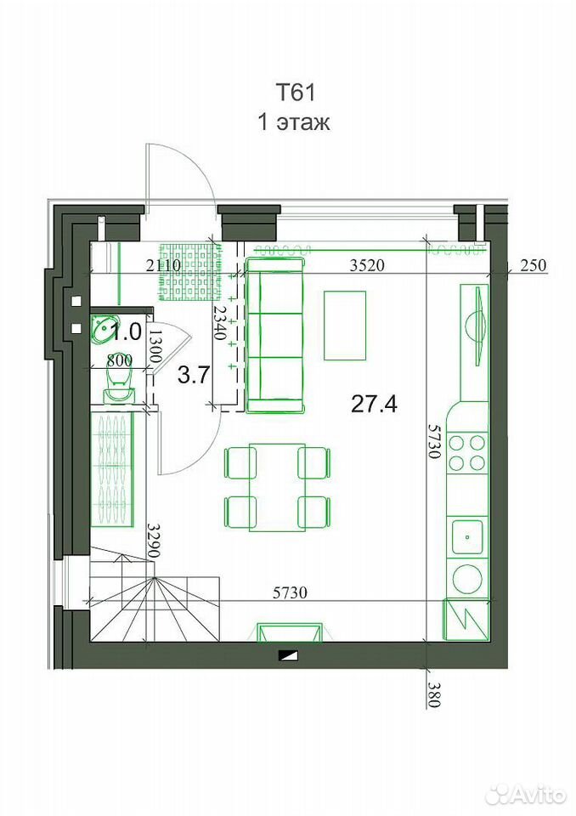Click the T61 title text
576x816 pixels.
(295, 93)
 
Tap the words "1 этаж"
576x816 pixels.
(294, 122)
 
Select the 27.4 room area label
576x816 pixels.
(374, 403)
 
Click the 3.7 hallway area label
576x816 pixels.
(194, 375)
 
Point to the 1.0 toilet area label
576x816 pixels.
(127, 331)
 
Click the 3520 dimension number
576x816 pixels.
(367, 266)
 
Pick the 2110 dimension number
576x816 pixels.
(163, 265)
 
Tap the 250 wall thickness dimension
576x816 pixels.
(534, 265)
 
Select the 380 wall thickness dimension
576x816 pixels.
(434, 694)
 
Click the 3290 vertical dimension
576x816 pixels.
(152, 541)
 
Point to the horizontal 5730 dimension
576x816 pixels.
(290, 592)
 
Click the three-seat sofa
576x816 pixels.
(274, 335)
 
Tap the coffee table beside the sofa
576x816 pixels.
(345, 326)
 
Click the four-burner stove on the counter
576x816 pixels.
(466, 453)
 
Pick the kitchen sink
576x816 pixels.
(468, 536)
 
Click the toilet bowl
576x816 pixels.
(119, 381)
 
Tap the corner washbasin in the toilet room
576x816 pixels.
(103, 329)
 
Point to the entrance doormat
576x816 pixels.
(188, 272)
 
